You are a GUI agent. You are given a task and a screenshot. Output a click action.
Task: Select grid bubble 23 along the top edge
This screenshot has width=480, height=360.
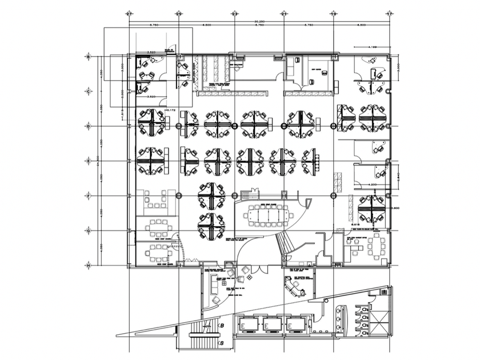coord(235,13)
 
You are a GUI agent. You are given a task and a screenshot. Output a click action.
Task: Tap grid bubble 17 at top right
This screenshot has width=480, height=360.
coord(389,13)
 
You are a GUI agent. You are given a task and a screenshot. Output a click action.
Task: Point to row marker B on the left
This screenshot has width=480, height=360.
coord(88,56)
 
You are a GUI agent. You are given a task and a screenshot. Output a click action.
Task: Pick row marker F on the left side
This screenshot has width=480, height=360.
coord(88,196)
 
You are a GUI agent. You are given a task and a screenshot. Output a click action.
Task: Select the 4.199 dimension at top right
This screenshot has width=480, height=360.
coord(372,46)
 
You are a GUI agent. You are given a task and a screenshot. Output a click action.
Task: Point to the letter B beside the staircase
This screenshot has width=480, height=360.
coord(222,325)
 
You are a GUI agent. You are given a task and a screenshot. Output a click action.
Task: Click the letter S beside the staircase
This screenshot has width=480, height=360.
coord(222,342)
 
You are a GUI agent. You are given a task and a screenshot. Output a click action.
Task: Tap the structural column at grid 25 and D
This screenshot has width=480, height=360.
coord(179,126)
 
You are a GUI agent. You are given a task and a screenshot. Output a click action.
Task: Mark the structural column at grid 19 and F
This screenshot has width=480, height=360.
coord(333,196)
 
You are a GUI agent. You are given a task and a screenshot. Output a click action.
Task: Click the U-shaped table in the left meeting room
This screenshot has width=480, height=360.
coord(157,201)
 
